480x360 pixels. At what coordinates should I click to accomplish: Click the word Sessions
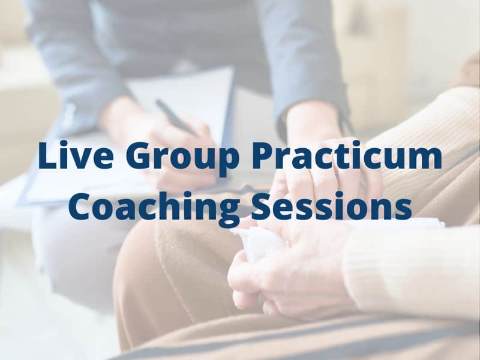click(x=332, y=205)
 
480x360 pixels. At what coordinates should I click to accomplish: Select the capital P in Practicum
click(x=263, y=155)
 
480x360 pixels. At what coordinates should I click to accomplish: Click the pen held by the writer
click(x=175, y=117)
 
